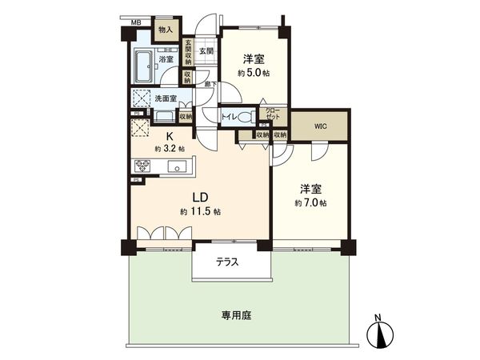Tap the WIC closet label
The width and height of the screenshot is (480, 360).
coord(319,125)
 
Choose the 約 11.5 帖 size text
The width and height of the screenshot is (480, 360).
coord(200,211)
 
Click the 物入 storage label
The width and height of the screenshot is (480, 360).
coord(165,30)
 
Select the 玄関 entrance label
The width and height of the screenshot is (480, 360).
coord(206,51)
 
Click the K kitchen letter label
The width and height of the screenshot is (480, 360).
coord(170,136)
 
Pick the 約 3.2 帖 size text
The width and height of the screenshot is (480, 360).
coord(170,148)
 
